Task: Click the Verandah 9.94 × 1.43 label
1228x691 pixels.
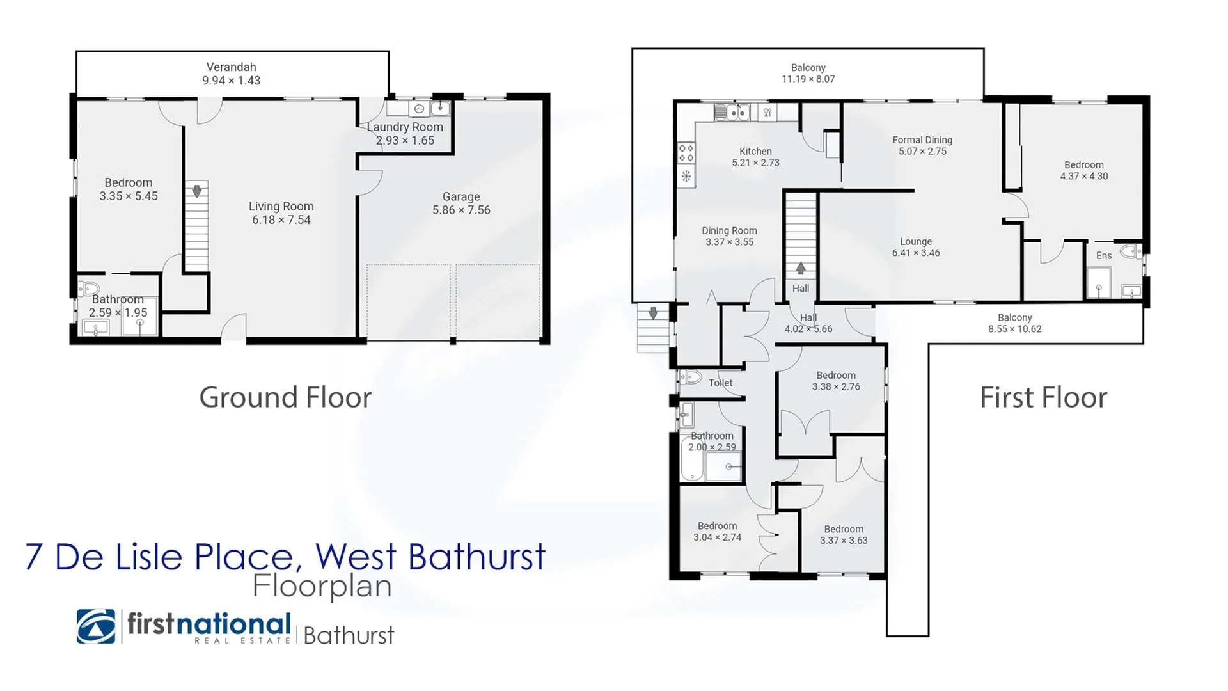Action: pos(231,74)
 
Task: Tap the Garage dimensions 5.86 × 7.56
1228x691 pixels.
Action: pos(461,210)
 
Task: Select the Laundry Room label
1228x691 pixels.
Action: pos(405,127)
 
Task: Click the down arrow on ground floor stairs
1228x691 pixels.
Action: pos(197,191)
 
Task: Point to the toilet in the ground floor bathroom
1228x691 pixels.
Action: pos(89,289)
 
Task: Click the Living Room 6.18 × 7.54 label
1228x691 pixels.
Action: pos(281,213)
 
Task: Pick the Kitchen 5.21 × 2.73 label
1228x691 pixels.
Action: pos(755,157)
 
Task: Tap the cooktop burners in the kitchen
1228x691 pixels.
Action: pos(686,152)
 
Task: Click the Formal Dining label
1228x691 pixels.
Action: pos(922,140)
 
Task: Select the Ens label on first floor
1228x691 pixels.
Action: pos(1103,255)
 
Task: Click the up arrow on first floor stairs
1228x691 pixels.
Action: pos(800,268)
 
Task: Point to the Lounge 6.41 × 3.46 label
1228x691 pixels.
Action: pos(916,247)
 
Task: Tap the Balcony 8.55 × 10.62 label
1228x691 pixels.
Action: pos(1014,323)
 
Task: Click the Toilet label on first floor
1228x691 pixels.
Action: pos(720,383)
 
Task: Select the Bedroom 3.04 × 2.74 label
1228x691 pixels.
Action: pos(717,532)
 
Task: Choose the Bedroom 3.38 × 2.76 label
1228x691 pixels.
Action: pos(835,381)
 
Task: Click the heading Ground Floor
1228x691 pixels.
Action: pos(285,397)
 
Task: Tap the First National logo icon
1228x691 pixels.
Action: pos(96,626)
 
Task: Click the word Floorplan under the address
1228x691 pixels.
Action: pos(322,586)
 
